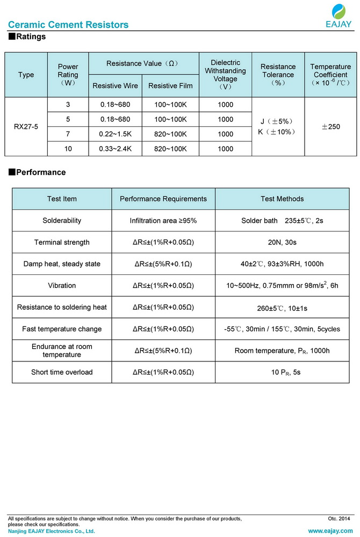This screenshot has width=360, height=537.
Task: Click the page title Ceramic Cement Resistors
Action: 68,25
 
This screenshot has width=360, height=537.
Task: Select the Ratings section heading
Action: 27,37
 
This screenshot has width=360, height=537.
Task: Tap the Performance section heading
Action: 37,172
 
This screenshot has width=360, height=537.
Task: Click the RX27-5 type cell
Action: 26,127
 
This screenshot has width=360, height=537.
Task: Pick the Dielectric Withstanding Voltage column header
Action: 225,75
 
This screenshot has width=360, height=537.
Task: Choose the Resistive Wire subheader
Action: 115,86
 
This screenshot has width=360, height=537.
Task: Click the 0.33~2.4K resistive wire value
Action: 115,149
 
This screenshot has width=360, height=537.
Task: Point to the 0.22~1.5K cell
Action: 115,134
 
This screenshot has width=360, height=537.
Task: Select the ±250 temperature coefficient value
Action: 330,127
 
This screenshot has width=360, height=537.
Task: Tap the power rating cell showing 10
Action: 68,149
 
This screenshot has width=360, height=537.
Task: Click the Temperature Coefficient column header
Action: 330,75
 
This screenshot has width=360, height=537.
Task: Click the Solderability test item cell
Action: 62,221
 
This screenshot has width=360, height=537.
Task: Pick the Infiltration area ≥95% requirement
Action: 163,221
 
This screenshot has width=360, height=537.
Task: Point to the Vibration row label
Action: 62,286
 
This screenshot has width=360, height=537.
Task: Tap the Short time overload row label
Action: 62,372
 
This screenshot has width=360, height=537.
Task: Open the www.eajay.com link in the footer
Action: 329,531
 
